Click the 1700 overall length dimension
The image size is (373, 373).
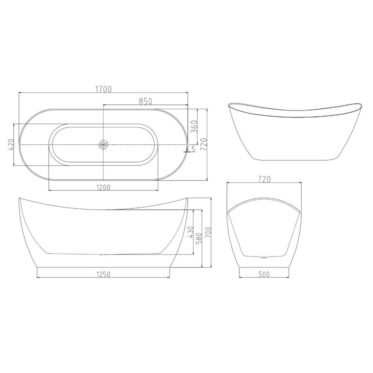[103, 89]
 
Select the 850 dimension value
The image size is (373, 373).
[145, 101]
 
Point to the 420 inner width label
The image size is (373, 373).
[11, 144]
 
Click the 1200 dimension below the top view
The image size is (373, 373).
[103, 188]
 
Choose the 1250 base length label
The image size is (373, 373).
[103, 274]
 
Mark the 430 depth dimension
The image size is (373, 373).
[191, 232]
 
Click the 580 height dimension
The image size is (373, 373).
[199, 238]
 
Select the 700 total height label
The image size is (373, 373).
[209, 233]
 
